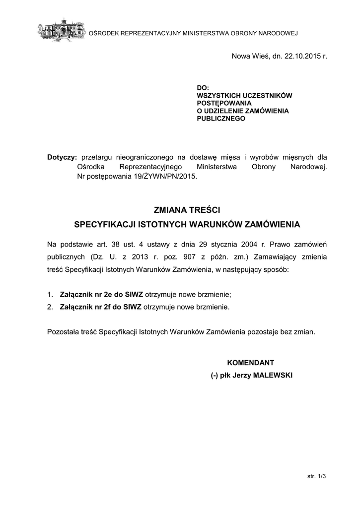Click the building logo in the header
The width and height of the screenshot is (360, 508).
tap(62, 31)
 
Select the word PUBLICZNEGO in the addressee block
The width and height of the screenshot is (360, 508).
tap(221, 119)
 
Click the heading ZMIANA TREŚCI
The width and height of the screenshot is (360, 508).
tap(187, 211)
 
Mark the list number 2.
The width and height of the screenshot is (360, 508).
tap(50, 307)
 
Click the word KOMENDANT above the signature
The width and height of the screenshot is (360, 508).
tap(250, 363)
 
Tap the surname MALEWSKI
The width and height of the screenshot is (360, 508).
tap(273, 376)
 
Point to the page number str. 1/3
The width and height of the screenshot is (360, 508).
tap(316, 476)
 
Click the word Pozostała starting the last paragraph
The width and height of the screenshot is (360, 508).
tap(63, 332)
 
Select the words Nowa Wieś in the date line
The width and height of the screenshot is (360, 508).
tap(251, 57)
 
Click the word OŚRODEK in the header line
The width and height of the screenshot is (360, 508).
tap(103, 34)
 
